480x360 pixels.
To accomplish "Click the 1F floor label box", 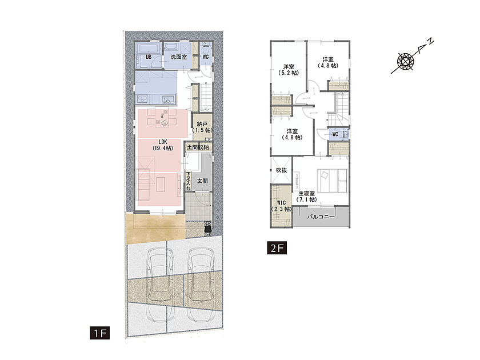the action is (x=100, y=333).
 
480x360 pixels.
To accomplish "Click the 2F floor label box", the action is (x=277, y=248).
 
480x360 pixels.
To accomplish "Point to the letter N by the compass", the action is (x=430, y=41).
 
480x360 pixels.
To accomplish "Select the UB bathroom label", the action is (x=149, y=57).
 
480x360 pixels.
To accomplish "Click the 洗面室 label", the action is (x=178, y=57).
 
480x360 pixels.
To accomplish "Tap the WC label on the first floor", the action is (x=206, y=57).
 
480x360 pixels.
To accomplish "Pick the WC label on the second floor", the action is (x=335, y=134).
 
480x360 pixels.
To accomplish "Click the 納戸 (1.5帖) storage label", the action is (x=202, y=127).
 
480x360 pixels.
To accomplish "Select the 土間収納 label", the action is (x=198, y=147).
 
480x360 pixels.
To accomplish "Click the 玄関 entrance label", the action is (x=202, y=181).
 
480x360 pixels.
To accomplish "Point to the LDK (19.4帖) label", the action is (x=162, y=145).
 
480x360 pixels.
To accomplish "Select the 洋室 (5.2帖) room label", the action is (x=289, y=70).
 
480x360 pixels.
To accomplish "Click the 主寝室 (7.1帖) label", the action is (x=307, y=197).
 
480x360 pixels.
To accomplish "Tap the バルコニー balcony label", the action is (x=321, y=217).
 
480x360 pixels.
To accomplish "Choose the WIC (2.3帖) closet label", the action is (x=281, y=206).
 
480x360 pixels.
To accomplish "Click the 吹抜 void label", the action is (x=281, y=170).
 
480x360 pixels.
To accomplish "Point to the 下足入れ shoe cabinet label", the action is (x=188, y=181).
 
